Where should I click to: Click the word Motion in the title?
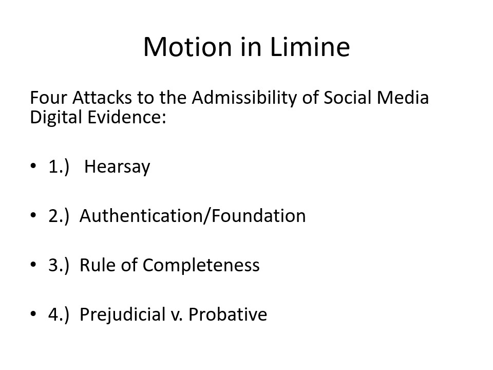pyautogui.click(x=187, y=47)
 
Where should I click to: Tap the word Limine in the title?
pyautogui.click(x=310, y=47)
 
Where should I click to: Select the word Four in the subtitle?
pyautogui.click(x=48, y=98)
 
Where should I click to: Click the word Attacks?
pyautogui.click(x=102, y=98)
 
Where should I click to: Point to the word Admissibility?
pyautogui.click(x=244, y=98)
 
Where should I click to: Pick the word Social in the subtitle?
pyautogui.click(x=348, y=97)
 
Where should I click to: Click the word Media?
pyautogui.click(x=403, y=97)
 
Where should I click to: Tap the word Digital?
pyautogui.click(x=56, y=117)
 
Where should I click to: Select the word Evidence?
pyautogui.click(x=127, y=117)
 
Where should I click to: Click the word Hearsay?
pyautogui.click(x=117, y=166)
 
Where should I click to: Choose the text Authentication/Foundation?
pyautogui.click(x=193, y=216)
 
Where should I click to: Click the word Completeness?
pyautogui.click(x=201, y=265)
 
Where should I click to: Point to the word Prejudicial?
pyautogui.click(x=122, y=314)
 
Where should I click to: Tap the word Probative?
pyautogui.click(x=228, y=314)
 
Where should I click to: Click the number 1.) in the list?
pyautogui.click(x=59, y=166)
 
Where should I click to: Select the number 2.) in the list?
pyautogui.click(x=59, y=216)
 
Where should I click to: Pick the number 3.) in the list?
pyautogui.click(x=59, y=265)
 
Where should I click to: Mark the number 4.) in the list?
pyautogui.click(x=59, y=314)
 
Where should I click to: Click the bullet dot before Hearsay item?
pyautogui.click(x=33, y=165)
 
